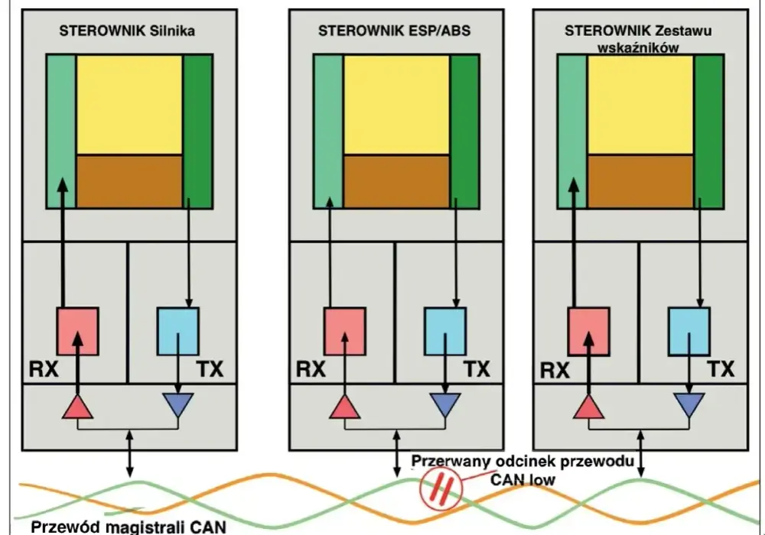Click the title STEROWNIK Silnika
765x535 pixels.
127,31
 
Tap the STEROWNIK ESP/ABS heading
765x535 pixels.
394,31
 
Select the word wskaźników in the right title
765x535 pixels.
638,47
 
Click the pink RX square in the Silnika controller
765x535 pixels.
78,332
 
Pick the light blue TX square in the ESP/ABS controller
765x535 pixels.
445,332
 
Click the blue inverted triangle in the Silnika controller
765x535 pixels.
178,404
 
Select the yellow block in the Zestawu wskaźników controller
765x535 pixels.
640,105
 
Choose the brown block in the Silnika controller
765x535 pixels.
129,182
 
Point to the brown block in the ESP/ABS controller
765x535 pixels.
396,182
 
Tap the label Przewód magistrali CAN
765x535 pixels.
129,527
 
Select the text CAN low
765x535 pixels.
522,480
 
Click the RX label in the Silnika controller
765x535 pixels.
44,369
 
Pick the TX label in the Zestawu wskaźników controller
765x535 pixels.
721,369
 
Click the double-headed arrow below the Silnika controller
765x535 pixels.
129,454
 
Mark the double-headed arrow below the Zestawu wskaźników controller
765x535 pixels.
640,454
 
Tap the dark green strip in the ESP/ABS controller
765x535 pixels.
464,131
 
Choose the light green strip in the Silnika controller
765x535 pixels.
61,131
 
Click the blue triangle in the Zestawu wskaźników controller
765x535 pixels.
689,404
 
